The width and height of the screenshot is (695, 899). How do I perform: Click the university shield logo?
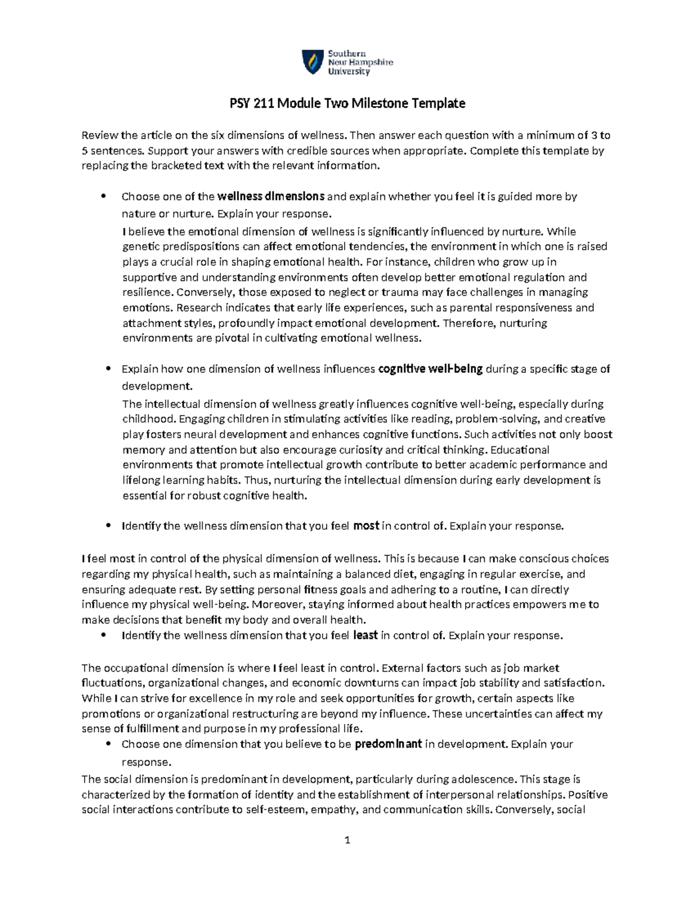312,62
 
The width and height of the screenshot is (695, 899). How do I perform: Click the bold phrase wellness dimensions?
271,196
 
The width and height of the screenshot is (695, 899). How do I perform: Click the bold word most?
366,526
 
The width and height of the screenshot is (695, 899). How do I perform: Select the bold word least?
365,635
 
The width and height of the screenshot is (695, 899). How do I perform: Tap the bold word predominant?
388,744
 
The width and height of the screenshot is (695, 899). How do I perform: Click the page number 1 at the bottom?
348,840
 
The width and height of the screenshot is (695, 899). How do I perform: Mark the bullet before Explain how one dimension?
108,369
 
